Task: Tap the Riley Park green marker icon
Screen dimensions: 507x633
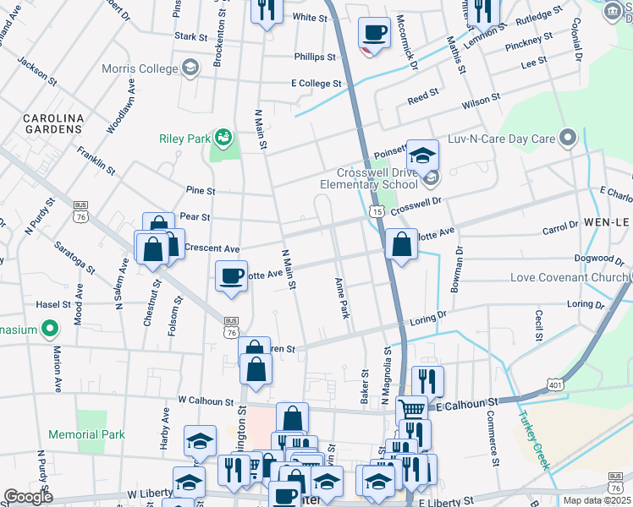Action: [223, 136]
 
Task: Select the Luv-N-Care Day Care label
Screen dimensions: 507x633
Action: [502, 137]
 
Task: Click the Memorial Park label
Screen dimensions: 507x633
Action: [86, 434]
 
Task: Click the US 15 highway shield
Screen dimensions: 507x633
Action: [374, 210]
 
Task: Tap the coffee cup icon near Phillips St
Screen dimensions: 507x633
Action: [374, 34]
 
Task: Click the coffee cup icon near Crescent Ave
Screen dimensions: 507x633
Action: [231, 275]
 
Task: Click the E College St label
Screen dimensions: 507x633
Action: [316, 84]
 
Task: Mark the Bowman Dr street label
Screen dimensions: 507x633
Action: [458, 270]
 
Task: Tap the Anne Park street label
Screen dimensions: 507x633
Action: [342, 297]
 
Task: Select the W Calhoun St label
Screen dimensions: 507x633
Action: [205, 401]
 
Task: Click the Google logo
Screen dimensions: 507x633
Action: [27, 498]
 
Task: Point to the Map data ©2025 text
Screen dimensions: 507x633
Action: [596, 500]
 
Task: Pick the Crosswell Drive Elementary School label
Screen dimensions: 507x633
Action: [369, 177]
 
